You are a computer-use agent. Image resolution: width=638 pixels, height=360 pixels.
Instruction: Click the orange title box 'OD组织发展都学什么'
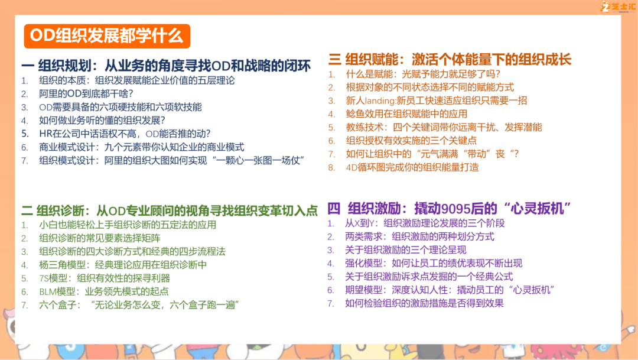tap(107, 36)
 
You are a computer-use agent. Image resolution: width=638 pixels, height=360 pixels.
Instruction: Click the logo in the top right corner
tap(618, 7)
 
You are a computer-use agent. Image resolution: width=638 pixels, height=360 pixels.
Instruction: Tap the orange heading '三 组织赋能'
tap(366, 60)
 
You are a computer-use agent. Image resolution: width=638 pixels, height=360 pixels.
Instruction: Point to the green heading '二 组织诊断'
tap(58, 210)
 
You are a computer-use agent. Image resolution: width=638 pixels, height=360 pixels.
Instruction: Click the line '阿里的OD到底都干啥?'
tap(86, 93)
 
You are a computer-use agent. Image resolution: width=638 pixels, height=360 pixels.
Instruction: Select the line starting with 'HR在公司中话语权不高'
tap(125, 134)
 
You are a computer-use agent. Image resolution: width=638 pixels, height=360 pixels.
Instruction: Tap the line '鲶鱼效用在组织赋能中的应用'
tap(406, 114)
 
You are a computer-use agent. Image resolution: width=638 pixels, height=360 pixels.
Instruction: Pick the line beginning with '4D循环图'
tap(412, 167)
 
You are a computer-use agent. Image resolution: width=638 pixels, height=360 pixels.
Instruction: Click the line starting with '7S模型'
tap(105, 278)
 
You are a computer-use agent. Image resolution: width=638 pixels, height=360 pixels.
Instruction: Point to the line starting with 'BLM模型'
tap(104, 291)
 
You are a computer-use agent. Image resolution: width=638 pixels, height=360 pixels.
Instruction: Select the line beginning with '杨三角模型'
tap(123, 265)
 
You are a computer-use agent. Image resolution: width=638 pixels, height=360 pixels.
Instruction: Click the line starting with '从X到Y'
tap(425, 223)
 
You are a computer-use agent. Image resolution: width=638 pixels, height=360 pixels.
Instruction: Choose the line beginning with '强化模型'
tap(434, 263)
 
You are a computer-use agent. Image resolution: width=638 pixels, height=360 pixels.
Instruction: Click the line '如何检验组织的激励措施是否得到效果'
tap(424, 303)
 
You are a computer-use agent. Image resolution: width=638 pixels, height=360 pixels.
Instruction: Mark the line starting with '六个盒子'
tap(139, 305)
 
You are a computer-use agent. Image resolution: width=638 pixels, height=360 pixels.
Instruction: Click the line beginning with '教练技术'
tap(444, 128)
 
